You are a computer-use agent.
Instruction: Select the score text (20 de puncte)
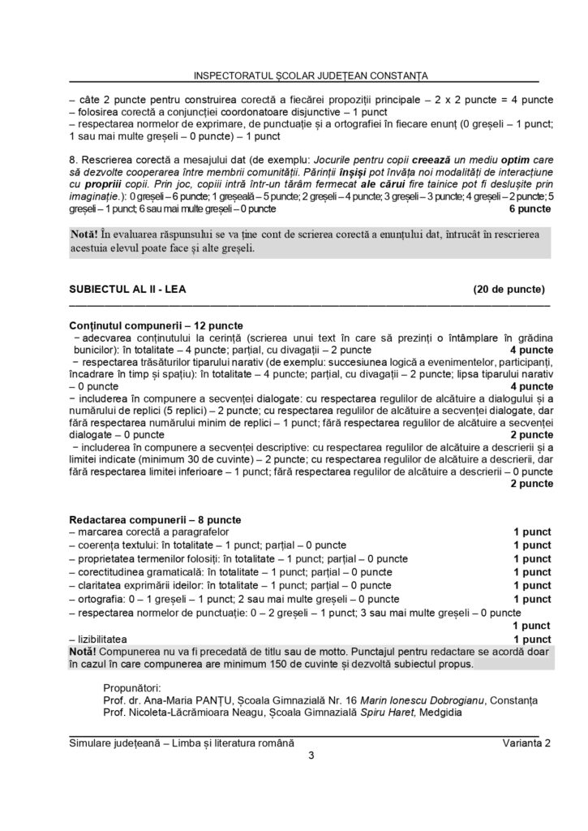[x=509, y=288]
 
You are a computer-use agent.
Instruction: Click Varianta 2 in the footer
[x=526, y=743]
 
